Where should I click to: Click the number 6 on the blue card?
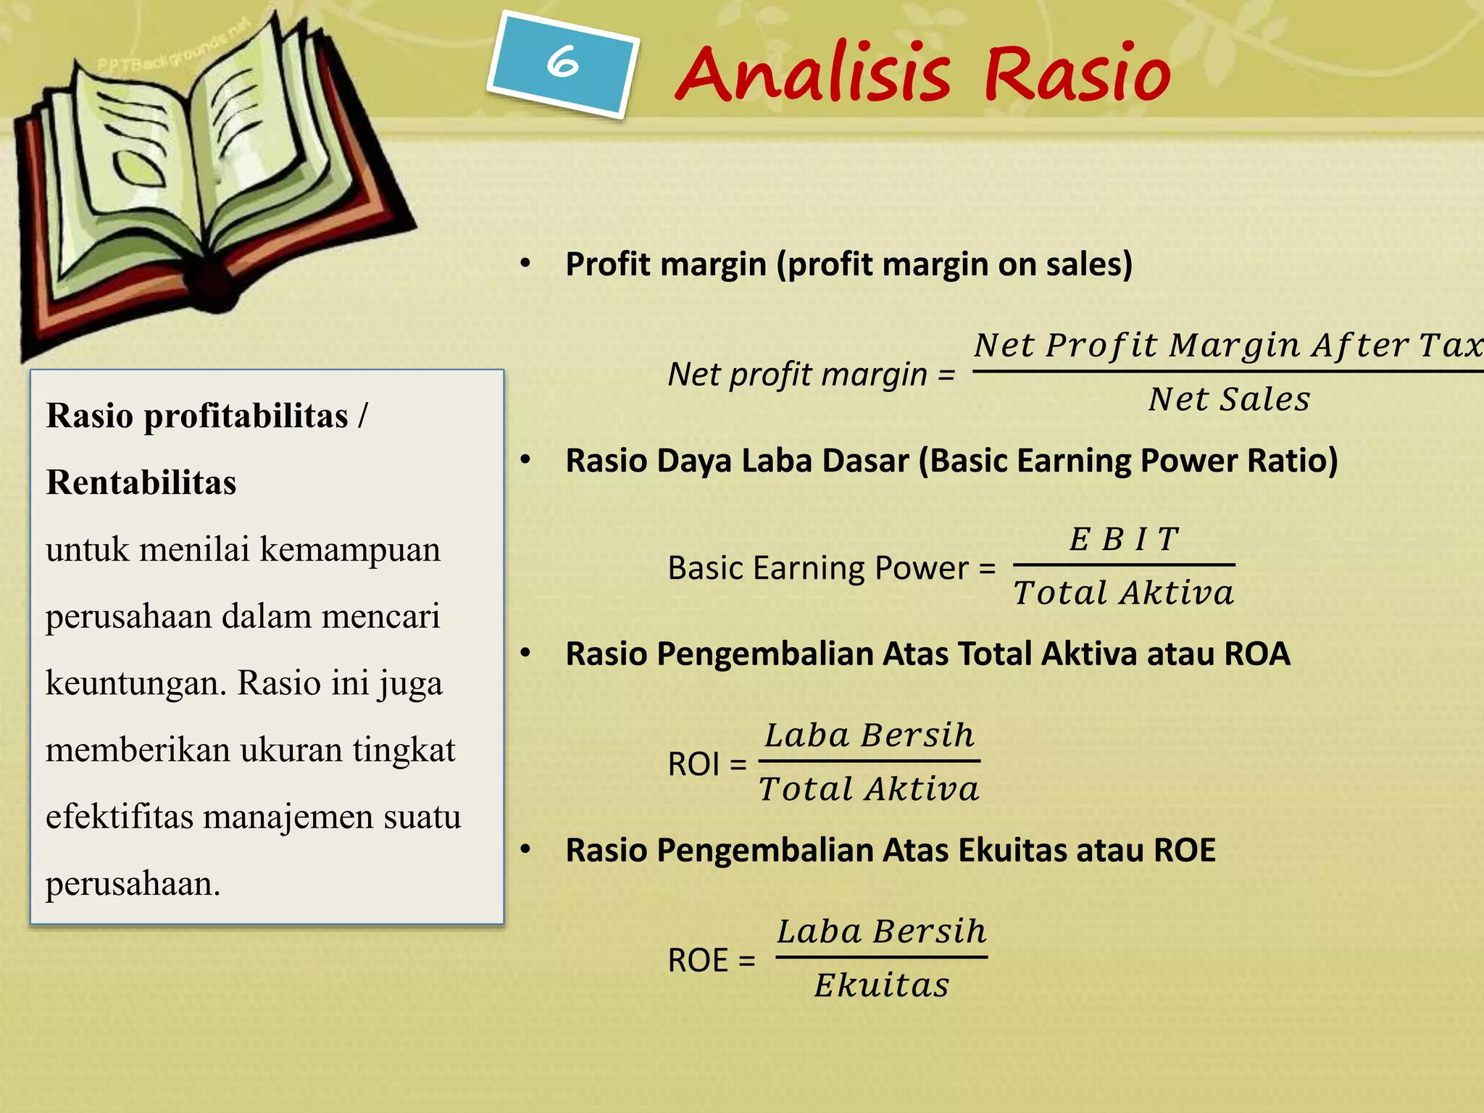click(562, 62)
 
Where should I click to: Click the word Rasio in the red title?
click(1077, 74)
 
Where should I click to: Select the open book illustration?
click(210, 174)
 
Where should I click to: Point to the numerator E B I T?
click(1124, 539)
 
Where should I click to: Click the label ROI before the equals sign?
click(693, 764)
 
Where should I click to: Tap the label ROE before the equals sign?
click(698, 961)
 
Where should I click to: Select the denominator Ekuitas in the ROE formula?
click(881, 985)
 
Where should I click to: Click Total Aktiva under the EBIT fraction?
click(1123, 593)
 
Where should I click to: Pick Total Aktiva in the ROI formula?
click(869, 789)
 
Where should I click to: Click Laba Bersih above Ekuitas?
click(882, 932)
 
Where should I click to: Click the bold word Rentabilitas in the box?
click(141, 483)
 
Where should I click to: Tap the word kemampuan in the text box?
click(350, 549)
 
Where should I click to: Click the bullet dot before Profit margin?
click(525, 263)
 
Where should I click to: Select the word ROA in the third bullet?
click(1256, 654)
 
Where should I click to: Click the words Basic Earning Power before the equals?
click(818, 568)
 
